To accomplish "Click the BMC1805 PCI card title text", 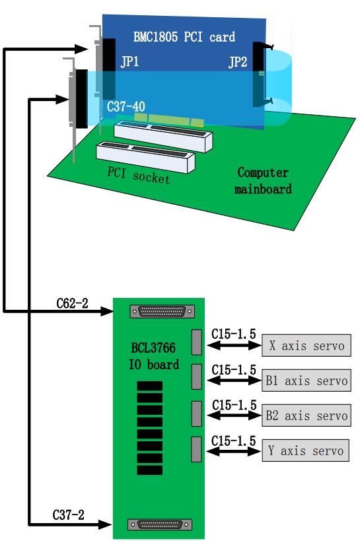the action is coord(184,36).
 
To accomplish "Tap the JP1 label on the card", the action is coord(129,61).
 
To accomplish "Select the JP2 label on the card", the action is coord(238,62).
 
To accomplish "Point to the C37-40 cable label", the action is coord(126,106).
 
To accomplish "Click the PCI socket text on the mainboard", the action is coord(139,175).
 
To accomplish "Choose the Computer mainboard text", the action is coord(263,180).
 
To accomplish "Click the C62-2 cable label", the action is coord(72,303).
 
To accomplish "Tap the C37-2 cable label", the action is coord(68,515).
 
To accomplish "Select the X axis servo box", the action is coord(306,345).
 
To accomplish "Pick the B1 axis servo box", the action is coord(306,380).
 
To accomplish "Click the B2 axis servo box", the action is coord(306,415).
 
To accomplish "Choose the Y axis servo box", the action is coord(305,451).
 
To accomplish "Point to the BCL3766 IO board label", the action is coord(154,356).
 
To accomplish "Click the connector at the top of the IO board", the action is coord(162,312).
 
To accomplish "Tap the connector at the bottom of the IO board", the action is coord(160,524).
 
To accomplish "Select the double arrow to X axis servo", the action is coord(234,345).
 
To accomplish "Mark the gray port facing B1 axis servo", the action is coord(196,377).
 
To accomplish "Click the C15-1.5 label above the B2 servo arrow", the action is coord(234,405).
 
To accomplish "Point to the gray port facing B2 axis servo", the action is coord(196,414).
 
